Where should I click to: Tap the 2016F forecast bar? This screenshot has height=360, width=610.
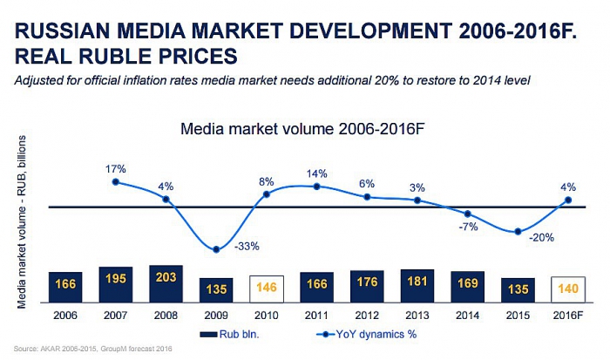click(567, 289)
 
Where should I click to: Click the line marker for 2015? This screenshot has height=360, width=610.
click(518, 232)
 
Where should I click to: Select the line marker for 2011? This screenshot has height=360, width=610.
click(317, 186)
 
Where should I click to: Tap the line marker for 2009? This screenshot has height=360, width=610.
click(216, 250)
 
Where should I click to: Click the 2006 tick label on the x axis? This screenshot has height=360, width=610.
click(65, 313)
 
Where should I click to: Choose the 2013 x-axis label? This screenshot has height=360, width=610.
click(417, 313)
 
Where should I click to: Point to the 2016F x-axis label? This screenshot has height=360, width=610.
click(567, 313)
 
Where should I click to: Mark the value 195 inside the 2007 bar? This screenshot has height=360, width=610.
click(116, 277)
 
